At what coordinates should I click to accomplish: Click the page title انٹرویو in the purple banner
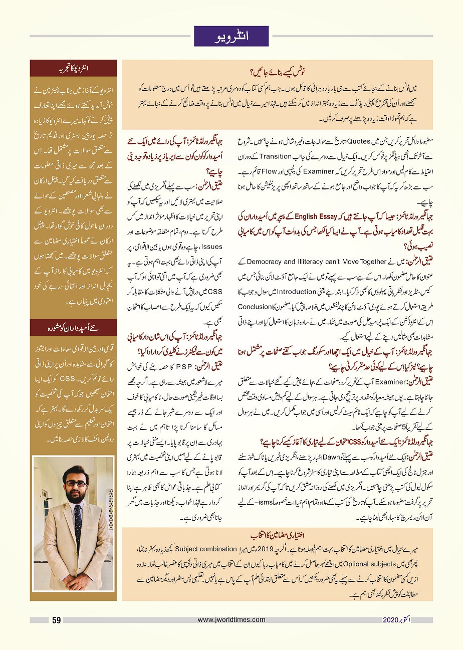pos(231,36)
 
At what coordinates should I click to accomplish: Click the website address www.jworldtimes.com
pos(231,620)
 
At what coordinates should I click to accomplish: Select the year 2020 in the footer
pos(390,620)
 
